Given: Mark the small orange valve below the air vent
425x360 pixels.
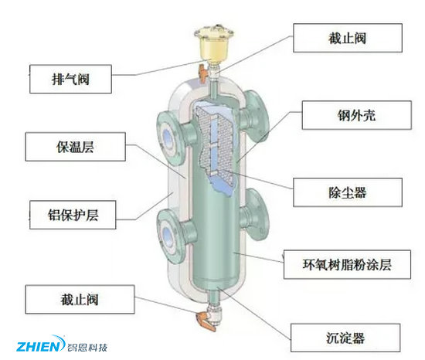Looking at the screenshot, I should tap(206, 74).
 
